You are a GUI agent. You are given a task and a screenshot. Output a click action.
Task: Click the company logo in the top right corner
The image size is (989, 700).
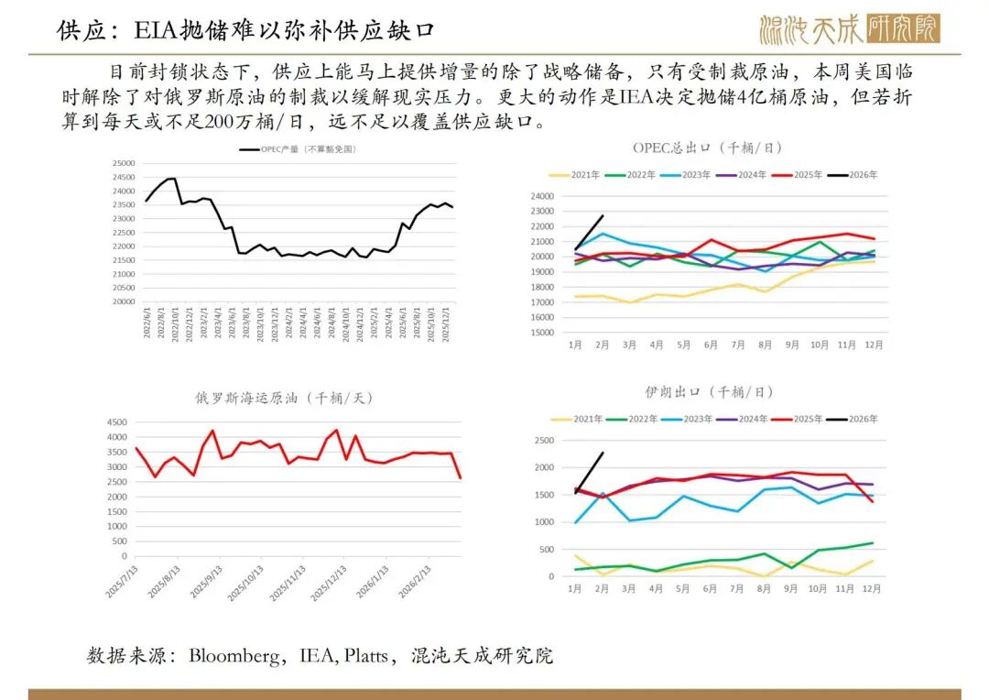tap(849, 29)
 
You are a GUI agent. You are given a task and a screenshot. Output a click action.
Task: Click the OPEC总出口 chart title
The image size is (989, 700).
tap(708, 147)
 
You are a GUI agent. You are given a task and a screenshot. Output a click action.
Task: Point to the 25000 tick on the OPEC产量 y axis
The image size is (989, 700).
tap(123, 163)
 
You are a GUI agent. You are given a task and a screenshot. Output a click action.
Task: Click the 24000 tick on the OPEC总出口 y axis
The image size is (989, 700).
tap(542, 195)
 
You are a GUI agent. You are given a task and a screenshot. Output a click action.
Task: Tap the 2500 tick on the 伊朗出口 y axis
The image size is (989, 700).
tap(545, 441)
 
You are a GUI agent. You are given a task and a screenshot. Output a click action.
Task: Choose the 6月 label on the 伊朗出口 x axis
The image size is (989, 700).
tap(710, 588)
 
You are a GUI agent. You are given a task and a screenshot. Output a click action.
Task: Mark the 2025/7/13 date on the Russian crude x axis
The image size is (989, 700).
tap(121, 583)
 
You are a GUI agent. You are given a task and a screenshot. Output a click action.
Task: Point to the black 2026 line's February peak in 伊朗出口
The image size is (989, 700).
tap(603, 453)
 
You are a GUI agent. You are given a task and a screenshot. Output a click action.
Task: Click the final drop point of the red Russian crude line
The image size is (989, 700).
tap(460, 477)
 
